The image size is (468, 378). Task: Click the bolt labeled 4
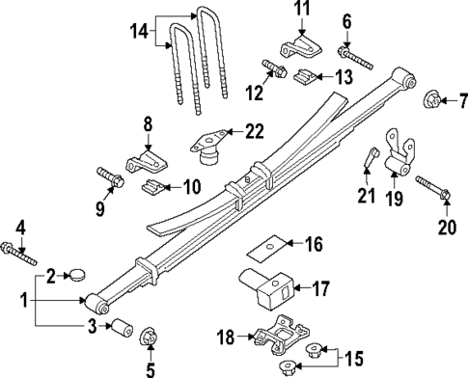pos(20,254)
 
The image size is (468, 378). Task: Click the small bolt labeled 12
pos(271,70)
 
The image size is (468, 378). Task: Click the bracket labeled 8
pos(145,158)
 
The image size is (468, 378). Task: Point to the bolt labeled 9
pos(108,177)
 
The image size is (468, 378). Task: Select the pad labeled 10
pos(152,185)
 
